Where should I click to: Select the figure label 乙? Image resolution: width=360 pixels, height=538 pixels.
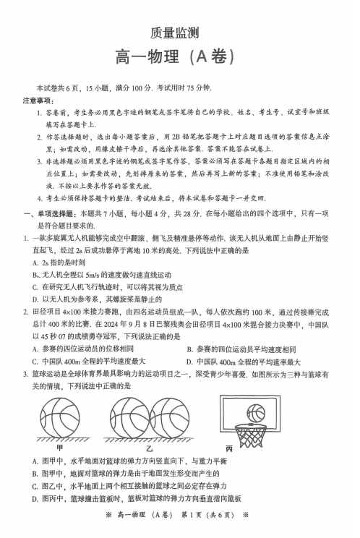149,448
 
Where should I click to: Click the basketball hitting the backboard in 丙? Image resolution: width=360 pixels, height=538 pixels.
257,413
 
